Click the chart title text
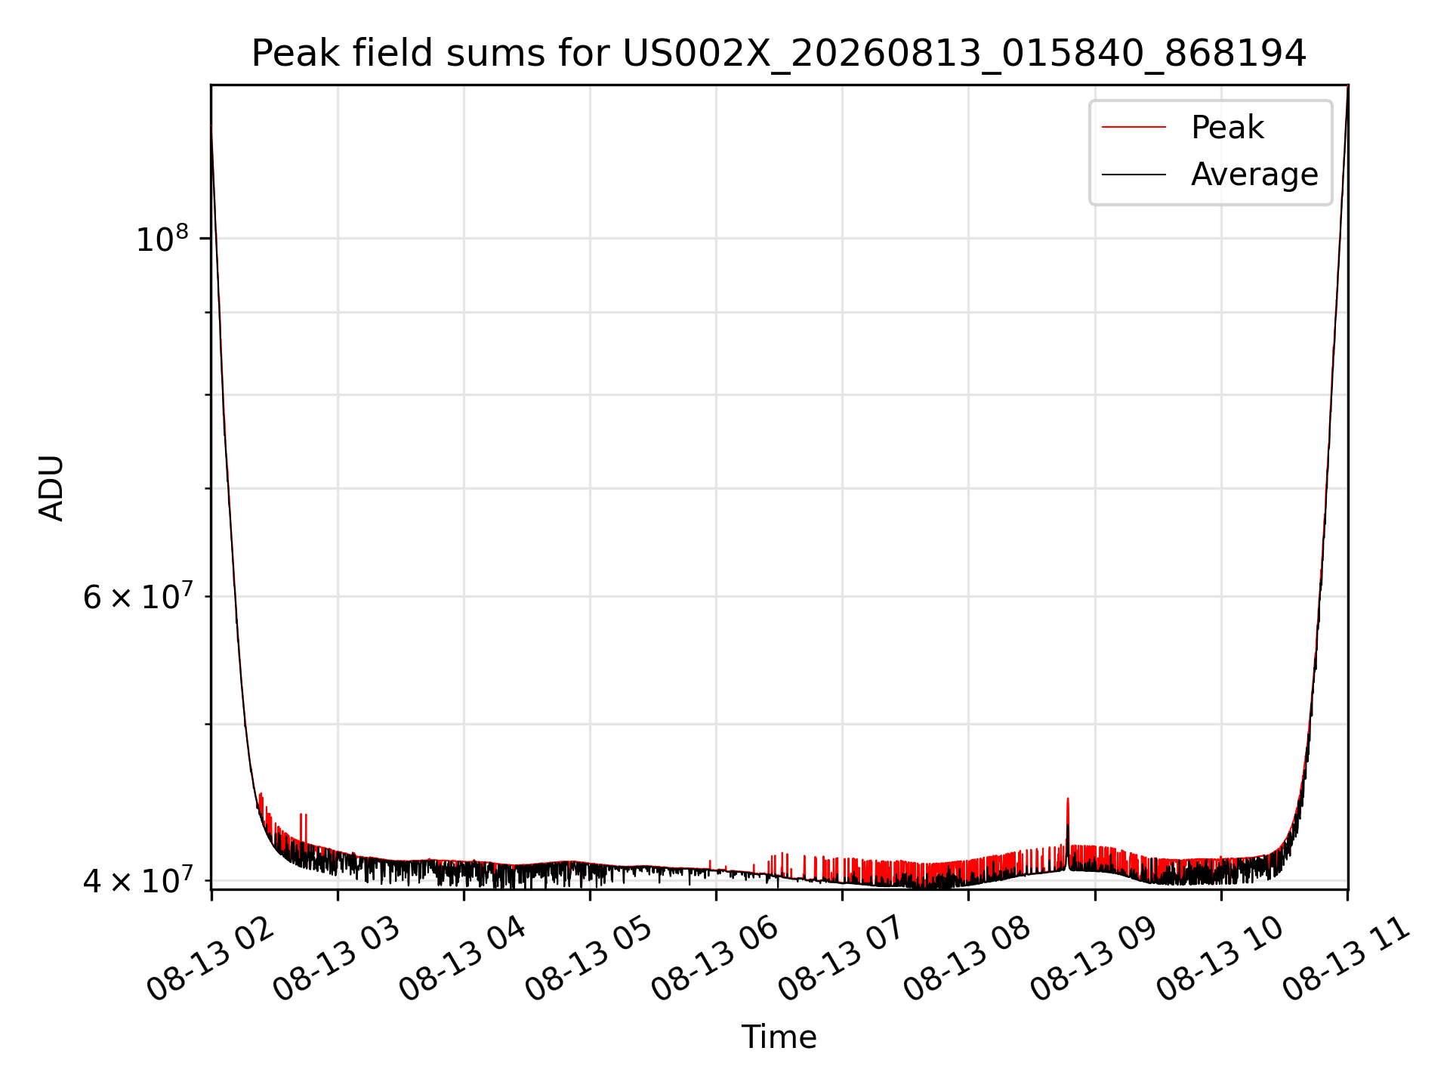click(x=779, y=54)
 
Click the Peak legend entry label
click(x=1227, y=128)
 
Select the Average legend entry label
click(x=1254, y=175)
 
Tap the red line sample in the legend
click(x=1134, y=127)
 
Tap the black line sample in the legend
click(x=1134, y=175)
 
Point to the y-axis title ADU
click(x=51, y=488)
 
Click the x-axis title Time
click(x=779, y=1037)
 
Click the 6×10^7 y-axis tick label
click(x=137, y=597)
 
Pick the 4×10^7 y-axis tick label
click(x=137, y=880)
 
